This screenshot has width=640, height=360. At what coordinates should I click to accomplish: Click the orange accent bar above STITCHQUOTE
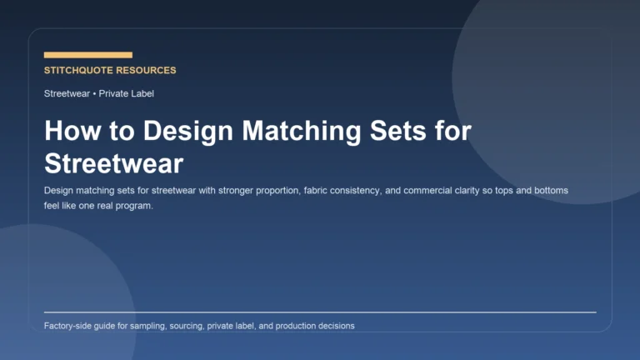point(87,55)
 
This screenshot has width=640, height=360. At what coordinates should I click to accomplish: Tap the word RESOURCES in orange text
point(147,71)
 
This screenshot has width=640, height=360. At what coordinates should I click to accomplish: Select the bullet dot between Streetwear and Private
point(94,93)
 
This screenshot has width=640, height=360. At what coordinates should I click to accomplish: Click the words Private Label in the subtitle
point(126,93)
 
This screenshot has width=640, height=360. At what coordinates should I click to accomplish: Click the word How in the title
point(68,132)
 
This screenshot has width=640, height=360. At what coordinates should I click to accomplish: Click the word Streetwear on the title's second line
point(113,162)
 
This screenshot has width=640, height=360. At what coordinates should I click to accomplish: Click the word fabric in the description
point(307,191)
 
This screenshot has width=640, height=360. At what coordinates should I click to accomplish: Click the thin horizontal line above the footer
point(320,312)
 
